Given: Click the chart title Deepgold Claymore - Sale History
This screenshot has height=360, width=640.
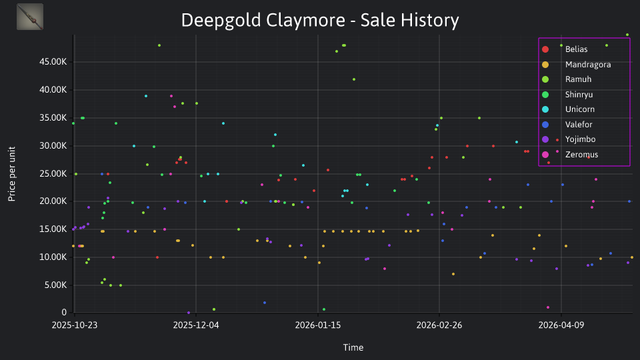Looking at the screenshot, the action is pos(320,21).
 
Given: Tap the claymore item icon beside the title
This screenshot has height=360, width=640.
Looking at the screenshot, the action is pos(30,17).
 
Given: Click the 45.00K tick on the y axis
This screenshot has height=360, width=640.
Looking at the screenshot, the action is pos(53,62).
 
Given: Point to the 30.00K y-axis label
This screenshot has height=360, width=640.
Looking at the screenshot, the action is pos(53,146).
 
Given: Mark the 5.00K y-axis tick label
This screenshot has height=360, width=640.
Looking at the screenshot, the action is pos(55,285).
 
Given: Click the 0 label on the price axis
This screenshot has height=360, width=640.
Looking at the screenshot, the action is pos(64,312).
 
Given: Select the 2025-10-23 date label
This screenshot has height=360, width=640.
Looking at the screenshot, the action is pos(75,325).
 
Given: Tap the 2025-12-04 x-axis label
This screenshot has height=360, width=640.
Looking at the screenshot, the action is pos(196,325).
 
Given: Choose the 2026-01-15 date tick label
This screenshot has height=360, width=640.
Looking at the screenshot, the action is pos(318,325).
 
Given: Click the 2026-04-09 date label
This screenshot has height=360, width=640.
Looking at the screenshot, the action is pos(561,325).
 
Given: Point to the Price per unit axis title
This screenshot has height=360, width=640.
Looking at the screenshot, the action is pos(12,174).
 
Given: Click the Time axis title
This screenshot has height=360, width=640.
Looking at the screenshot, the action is pos(353,347).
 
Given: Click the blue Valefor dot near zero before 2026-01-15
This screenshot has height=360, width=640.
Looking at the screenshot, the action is pos(265,303).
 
